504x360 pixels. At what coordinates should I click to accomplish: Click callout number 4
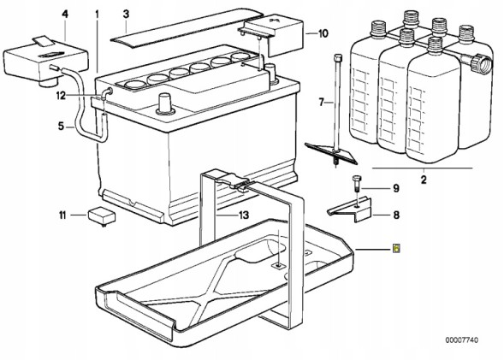coord(65,15)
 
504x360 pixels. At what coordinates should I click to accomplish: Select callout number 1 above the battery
coord(97,15)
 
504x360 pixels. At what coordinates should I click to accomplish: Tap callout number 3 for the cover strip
coord(126,15)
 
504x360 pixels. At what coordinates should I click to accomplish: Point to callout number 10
coord(323,33)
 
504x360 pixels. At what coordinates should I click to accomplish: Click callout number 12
coord(61,96)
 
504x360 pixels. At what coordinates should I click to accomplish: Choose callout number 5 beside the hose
coord(61,127)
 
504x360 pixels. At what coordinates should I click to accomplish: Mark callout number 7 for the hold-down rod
coord(322,103)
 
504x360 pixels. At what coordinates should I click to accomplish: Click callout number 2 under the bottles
coord(424,180)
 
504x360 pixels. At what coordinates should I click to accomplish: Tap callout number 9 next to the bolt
coord(396,188)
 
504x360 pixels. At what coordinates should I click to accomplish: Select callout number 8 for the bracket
coord(396,215)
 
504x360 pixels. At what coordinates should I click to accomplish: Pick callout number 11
coord(62,215)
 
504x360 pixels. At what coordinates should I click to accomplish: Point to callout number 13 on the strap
coord(244,215)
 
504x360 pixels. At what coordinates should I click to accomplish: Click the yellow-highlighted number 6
coord(397,248)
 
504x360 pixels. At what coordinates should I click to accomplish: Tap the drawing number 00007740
coord(461,339)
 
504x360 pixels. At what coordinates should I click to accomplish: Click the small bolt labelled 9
coord(356,185)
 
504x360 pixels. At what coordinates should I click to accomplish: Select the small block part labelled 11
coord(101,216)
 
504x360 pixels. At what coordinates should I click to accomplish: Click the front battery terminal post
coord(165,103)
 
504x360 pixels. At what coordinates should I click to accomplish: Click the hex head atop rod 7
coord(337,58)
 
